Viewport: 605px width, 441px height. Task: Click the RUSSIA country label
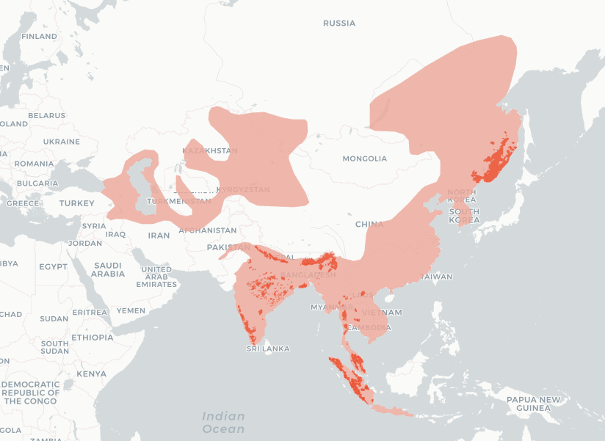click(x=339, y=23)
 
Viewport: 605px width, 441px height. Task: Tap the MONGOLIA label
click(x=364, y=158)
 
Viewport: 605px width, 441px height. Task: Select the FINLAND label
click(x=39, y=37)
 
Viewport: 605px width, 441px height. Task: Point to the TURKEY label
click(x=77, y=203)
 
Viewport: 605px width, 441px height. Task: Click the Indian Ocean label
click(x=223, y=423)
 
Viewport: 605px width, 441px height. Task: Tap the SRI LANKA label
click(x=268, y=349)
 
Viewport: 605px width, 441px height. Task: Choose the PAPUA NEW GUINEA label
click(x=534, y=404)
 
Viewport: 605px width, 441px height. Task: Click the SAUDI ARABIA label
click(x=108, y=269)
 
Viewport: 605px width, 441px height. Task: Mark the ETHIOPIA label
click(x=93, y=338)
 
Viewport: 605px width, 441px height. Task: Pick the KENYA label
click(x=91, y=373)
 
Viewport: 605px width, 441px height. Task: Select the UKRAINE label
click(x=61, y=142)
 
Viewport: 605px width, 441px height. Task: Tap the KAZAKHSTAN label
click(x=211, y=151)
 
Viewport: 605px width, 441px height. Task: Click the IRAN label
click(x=159, y=236)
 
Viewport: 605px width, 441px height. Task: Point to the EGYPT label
click(x=53, y=266)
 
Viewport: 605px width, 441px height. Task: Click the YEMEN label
click(x=131, y=310)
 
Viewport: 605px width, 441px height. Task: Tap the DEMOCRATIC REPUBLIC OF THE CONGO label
click(x=30, y=393)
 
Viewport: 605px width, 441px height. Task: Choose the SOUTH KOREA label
click(x=464, y=216)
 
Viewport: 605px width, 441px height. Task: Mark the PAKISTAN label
click(x=229, y=248)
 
